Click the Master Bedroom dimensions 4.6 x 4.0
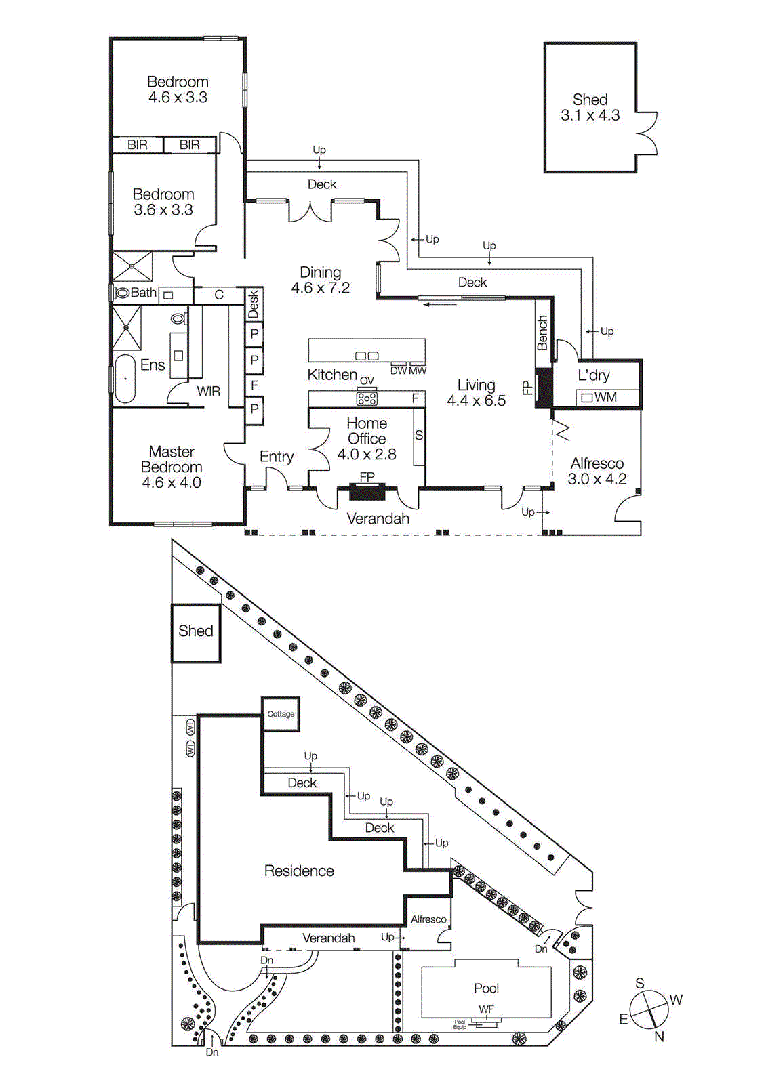point(172,483)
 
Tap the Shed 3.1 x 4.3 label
point(590,108)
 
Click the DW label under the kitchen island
point(398,371)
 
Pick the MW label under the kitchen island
point(418,371)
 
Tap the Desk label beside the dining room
point(254,304)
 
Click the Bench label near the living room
point(543,333)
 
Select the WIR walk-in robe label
point(208,391)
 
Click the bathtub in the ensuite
point(125,379)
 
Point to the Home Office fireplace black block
point(367,492)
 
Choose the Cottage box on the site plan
point(281,714)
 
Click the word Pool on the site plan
point(486,988)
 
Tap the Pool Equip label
point(460,1024)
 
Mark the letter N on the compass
point(659,1037)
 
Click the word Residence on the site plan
point(299,871)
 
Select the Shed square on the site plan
point(195,632)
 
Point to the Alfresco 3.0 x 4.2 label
point(597,471)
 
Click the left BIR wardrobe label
point(138,144)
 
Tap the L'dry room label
point(594,375)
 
